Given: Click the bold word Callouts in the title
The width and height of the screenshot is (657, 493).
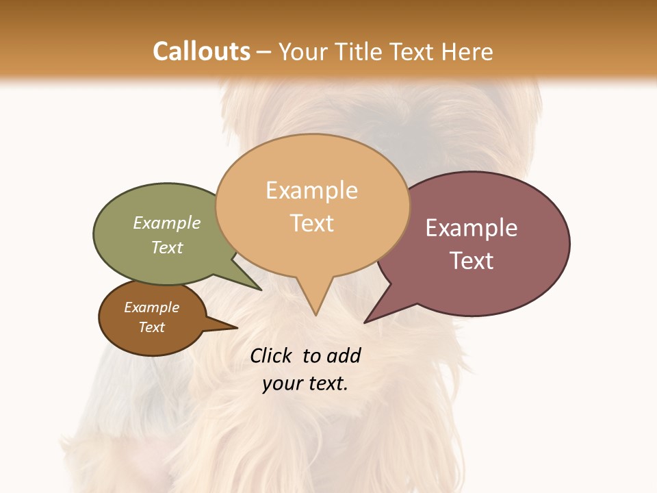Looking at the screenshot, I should [x=201, y=51].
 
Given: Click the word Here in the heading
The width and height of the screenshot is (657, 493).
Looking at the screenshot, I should [x=467, y=51].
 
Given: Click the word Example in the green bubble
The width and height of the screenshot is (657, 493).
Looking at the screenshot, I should [x=167, y=223].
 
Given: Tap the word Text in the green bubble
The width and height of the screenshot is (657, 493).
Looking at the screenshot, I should [x=167, y=247].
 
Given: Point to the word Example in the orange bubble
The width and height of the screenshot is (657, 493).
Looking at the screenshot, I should [x=311, y=190].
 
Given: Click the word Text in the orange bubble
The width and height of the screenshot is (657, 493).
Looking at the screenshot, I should [x=312, y=223].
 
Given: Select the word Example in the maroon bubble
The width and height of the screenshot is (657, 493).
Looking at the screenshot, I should [x=472, y=228].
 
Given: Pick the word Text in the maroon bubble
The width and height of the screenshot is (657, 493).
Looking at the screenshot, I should [x=472, y=261].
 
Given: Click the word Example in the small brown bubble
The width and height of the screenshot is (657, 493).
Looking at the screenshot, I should [x=151, y=307].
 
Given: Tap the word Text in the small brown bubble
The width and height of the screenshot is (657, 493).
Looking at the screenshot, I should [x=151, y=327].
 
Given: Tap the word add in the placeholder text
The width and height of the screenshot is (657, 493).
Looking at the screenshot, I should [x=343, y=355].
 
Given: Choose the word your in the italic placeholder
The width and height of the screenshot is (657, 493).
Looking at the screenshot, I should [x=282, y=383].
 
